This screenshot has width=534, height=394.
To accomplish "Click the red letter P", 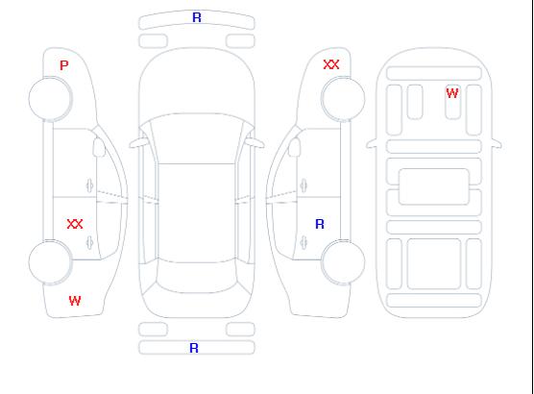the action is click(x=64, y=65).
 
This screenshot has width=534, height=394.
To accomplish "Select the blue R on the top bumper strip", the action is click(x=197, y=17).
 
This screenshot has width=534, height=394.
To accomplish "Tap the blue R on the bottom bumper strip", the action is click(x=194, y=348).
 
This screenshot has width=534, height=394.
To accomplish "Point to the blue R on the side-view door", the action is click(x=320, y=224).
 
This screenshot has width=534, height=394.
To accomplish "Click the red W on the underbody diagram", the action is click(x=452, y=93).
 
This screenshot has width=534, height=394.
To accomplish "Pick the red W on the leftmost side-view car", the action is click(x=75, y=301).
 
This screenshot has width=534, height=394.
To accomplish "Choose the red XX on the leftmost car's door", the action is click(x=75, y=224).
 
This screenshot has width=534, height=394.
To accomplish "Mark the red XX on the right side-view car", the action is click(x=331, y=64).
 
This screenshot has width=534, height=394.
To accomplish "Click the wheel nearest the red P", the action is click(x=50, y=99).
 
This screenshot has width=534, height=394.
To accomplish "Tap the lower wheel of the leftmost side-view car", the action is click(x=50, y=262).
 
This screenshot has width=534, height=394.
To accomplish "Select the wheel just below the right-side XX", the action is click(x=343, y=99).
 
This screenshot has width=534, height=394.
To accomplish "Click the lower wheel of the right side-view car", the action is click(x=343, y=262).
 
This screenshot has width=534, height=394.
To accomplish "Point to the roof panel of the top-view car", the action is click(x=197, y=213).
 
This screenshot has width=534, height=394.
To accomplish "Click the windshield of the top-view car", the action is click(x=197, y=138).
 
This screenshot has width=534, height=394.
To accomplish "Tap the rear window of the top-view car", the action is click(x=197, y=277).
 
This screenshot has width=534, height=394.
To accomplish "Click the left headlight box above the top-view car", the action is click(x=153, y=41).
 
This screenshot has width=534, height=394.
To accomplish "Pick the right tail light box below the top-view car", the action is click(x=240, y=330).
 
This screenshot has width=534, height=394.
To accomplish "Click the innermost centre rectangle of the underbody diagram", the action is click(x=434, y=186).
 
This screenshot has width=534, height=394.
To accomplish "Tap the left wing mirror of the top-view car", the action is click(x=138, y=143).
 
